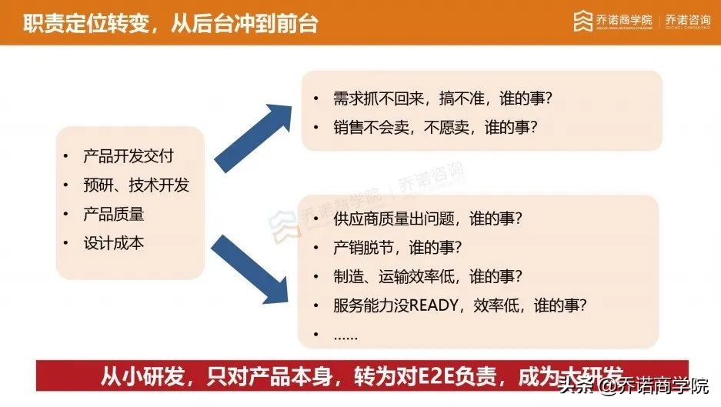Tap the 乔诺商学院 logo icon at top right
[582, 21]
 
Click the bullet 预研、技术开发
[135, 185]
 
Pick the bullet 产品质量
[113, 214]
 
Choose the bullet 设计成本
[113, 243]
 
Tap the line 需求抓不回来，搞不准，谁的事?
[442, 99]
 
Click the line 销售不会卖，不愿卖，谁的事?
[435, 128]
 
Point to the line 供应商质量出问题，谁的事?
[428, 219]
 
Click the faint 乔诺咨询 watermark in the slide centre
[431, 185]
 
